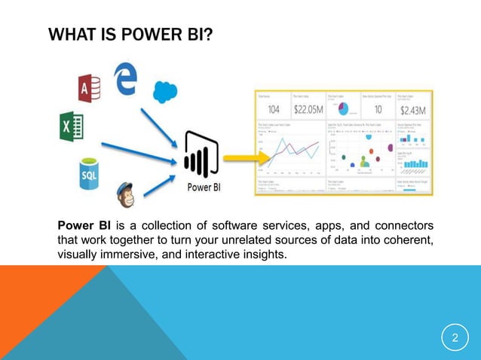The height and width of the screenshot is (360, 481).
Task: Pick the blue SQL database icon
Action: tap(88, 175)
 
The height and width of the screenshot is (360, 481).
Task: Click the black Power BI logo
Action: tap(199, 154)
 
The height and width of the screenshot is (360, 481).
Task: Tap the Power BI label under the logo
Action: tap(204, 187)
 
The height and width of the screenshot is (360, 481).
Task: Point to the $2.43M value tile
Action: tap(411, 109)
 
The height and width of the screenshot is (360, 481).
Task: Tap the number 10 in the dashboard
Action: tap(377, 109)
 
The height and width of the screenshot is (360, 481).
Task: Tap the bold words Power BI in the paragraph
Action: tap(84, 225)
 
